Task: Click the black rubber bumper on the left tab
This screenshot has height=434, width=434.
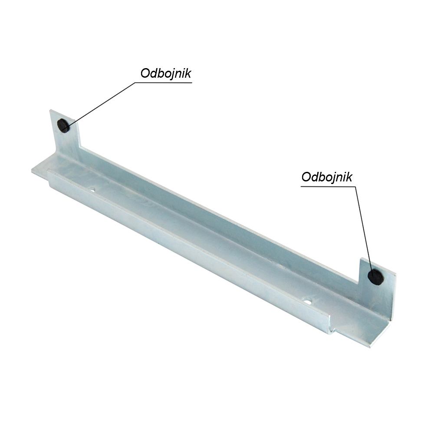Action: (x=63, y=126)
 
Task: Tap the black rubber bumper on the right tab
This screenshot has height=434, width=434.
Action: (x=375, y=277)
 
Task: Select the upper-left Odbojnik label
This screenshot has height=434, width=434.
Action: (x=166, y=74)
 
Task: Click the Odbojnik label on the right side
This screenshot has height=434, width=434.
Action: (x=327, y=177)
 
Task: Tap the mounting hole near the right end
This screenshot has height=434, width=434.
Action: (x=308, y=300)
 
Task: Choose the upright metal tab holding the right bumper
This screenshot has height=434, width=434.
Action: (x=377, y=285)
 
